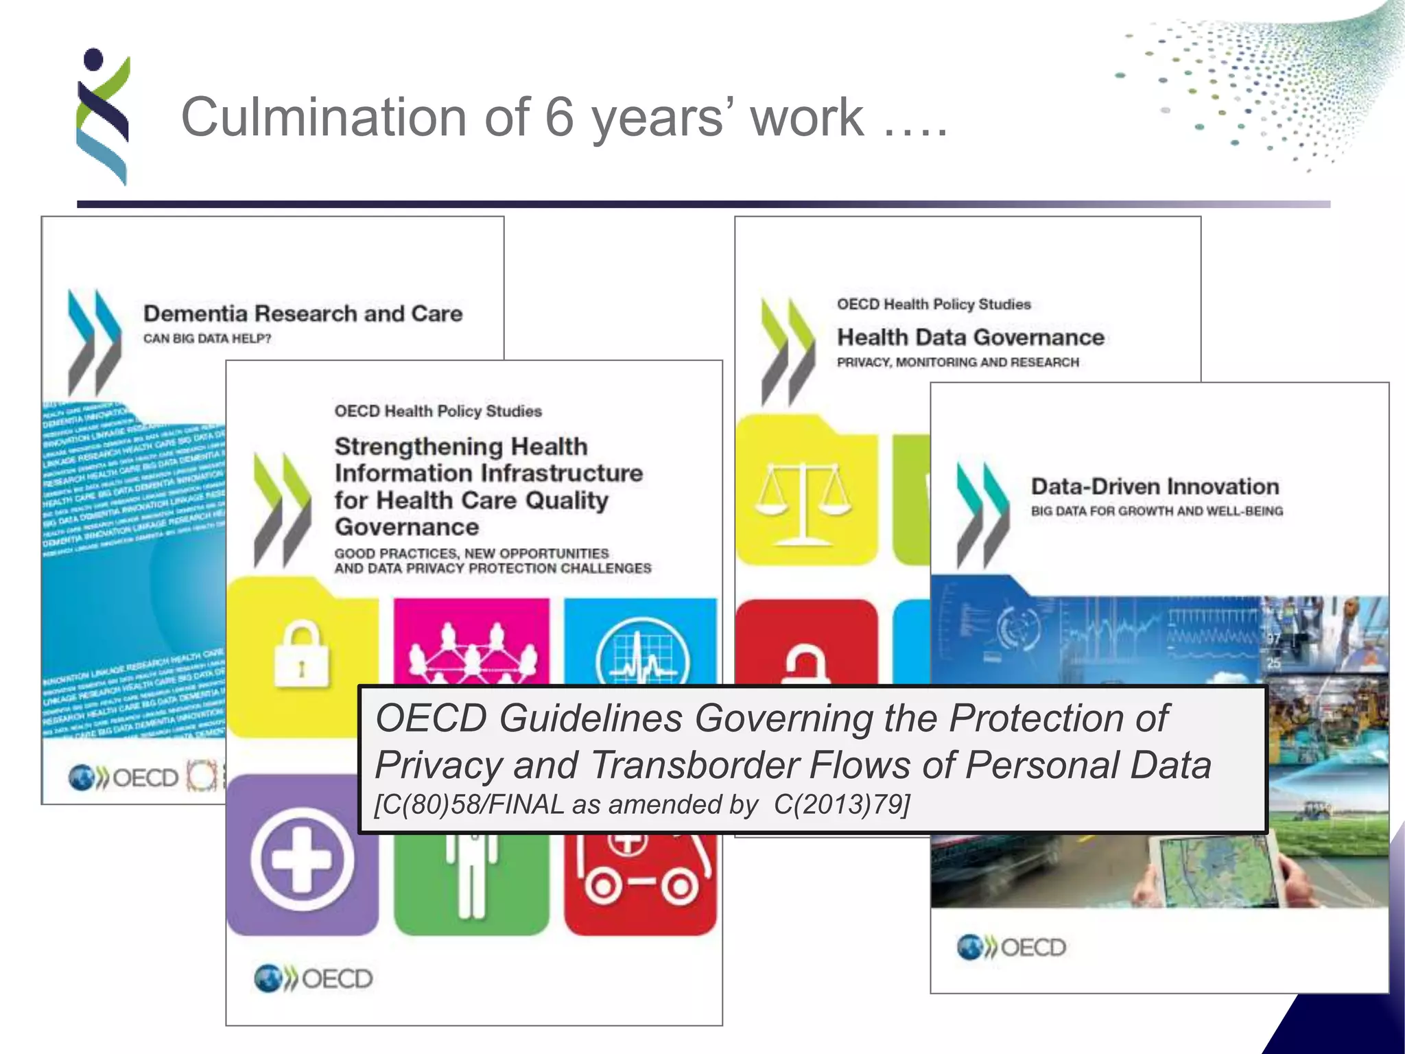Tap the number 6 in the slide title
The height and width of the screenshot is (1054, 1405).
pos(559,117)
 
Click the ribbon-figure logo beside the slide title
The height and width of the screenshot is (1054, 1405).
pos(103,117)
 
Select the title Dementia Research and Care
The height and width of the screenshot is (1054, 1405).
pos(303,314)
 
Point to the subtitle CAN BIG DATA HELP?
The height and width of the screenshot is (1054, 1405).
pos(207,338)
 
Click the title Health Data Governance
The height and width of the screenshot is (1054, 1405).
pos(970,337)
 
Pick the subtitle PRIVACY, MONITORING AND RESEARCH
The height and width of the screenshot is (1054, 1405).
pos(958,362)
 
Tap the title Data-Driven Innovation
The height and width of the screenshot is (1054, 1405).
pos(1155,487)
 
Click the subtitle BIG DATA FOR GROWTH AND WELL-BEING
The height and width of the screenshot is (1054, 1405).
pos(1157,511)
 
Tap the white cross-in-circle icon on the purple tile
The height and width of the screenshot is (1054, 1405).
pos(302,858)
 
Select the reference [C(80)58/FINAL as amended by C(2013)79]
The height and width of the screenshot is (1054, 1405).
pos(642,804)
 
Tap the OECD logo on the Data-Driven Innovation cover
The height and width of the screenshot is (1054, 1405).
pos(1011,948)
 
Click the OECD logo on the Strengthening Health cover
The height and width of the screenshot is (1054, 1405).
pos(313,979)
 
